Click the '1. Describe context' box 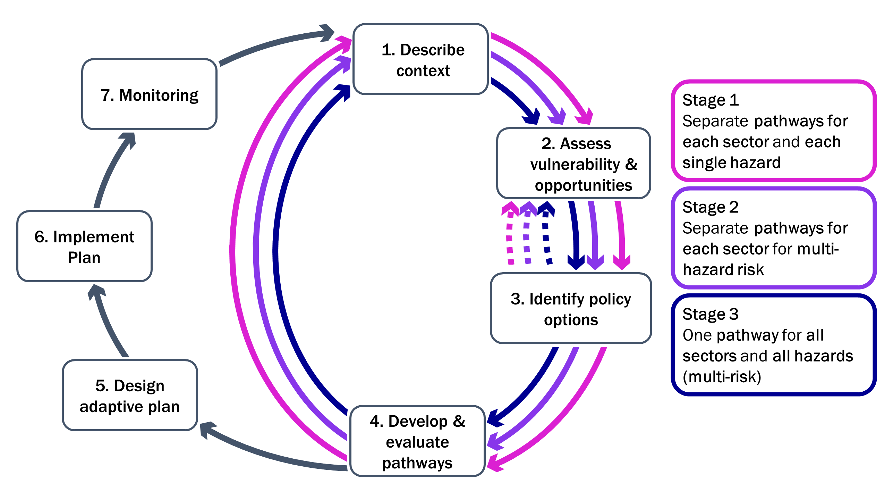420,59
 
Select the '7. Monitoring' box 150,94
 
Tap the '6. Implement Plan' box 85,246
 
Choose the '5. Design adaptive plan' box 130,395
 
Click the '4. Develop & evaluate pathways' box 417,441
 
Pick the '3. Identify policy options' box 571,308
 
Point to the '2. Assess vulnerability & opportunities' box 574,163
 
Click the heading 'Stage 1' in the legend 711,100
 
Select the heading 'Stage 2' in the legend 711,207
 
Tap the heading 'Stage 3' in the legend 711,314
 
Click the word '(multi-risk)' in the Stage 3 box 722,377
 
